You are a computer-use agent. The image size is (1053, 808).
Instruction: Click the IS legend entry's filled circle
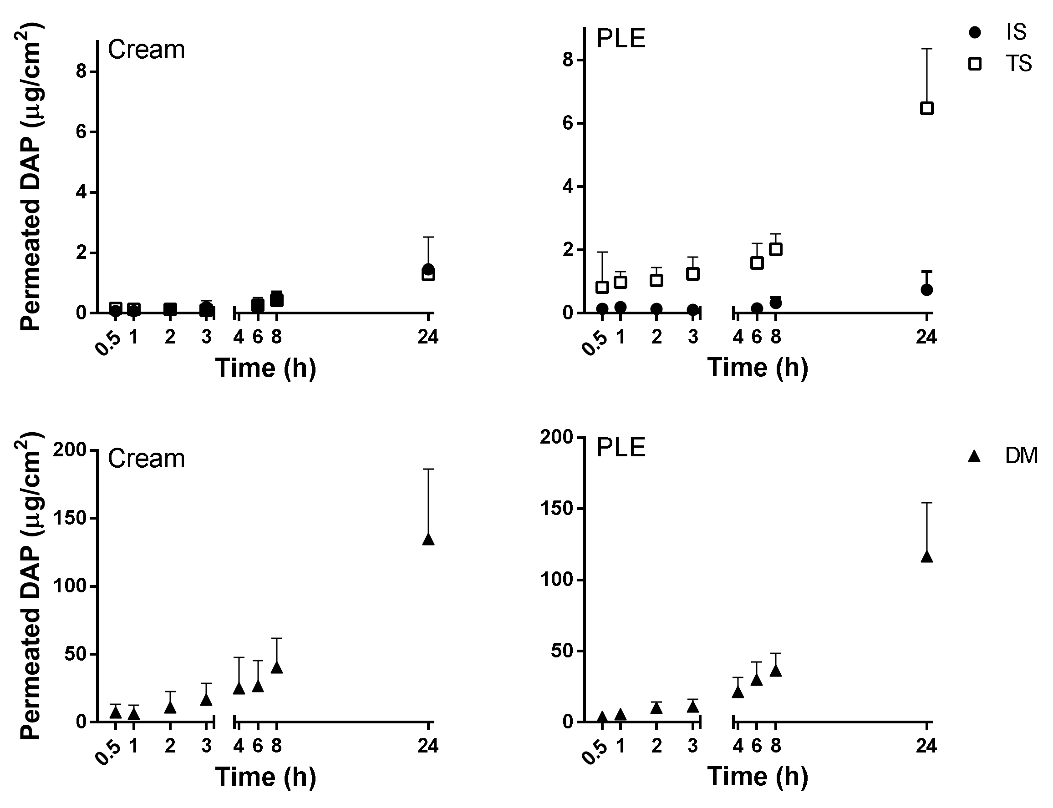[975, 33]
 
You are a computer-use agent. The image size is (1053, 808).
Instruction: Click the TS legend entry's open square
[975, 64]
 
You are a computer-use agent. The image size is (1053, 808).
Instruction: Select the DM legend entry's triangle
[975, 456]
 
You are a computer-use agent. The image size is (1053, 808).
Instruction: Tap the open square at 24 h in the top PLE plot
[926, 108]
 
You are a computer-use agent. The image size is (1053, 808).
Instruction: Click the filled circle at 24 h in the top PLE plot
[926, 289]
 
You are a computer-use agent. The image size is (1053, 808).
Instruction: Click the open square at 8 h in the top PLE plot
[775, 249]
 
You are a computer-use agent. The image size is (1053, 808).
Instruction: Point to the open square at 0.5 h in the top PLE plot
[602, 287]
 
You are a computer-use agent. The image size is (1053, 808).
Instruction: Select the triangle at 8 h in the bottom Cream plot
[276, 667]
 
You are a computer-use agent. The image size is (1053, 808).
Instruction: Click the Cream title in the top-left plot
[146, 50]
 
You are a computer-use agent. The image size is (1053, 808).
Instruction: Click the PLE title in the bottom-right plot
[621, 448]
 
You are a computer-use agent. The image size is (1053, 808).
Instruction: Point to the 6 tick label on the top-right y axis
[568, 124]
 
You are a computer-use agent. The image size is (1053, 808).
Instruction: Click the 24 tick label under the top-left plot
[428, 337]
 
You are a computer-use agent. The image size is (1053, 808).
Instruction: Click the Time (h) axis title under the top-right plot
[758, 368]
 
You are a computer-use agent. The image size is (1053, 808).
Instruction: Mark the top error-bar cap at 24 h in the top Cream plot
[428, 237]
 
